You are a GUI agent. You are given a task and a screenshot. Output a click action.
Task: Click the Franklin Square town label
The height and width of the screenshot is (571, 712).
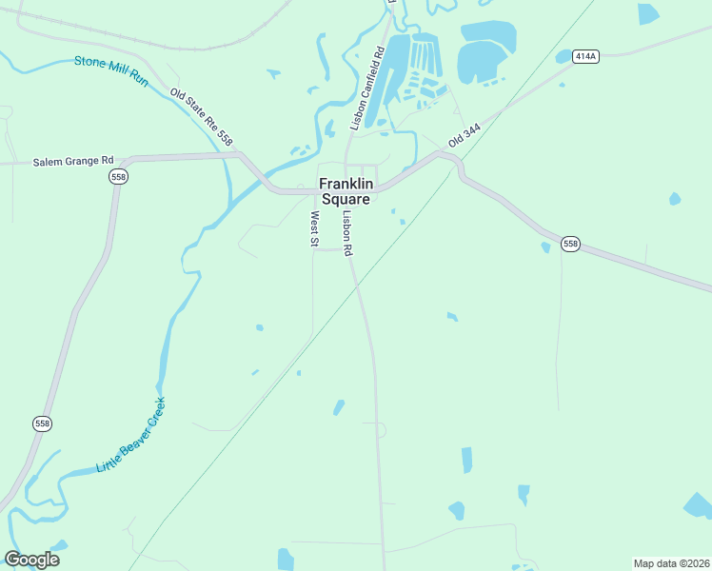pyautogui.click(x=345, y=191)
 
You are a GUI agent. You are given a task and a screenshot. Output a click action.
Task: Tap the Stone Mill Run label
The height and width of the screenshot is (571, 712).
pyautogui.click(x=111, y=72)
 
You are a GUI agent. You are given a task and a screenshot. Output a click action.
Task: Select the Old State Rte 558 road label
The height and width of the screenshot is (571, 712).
pyautogui.click(x=201, y=117)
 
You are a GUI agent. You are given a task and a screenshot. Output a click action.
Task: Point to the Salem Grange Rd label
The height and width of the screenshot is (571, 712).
pyautogui.click(x=73, y=161)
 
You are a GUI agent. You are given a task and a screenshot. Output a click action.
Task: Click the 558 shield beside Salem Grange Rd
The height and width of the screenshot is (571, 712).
pyautogui.click(x=118, y=177)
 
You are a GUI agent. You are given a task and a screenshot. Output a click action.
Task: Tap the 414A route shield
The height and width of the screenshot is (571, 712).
pyautogui.click(x=585, y=57)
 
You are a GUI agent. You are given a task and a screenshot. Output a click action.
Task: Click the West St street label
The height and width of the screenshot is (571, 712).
pyautogui.click(x=313, y=228)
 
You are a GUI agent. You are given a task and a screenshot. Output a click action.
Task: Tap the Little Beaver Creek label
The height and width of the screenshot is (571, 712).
pyautogui.click(x=130, y=435)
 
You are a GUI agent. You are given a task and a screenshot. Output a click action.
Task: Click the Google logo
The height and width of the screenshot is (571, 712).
pyautogui.click(x=31, y=559)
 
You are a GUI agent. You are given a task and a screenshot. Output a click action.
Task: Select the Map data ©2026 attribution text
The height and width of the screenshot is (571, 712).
pyautogui.click(x=670, y=563)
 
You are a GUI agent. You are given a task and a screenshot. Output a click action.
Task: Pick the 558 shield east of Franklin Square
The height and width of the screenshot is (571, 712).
pyautogui.click(x=570, y=245)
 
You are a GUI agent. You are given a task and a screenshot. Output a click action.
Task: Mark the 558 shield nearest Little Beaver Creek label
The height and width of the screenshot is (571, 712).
pyautogui.click(x=41, y=423)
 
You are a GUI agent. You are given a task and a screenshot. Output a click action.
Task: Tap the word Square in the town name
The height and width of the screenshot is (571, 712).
pyautogui.click(x=345, y=200)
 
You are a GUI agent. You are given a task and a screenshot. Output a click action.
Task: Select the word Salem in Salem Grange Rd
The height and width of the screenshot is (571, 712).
pyautogui.click(x=48, y=161)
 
